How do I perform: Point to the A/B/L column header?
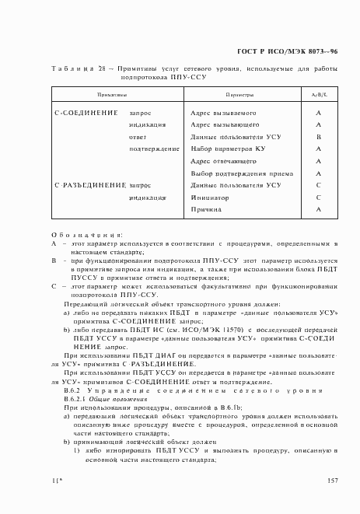tap(319, 94)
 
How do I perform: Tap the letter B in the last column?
tap(319, 137)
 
